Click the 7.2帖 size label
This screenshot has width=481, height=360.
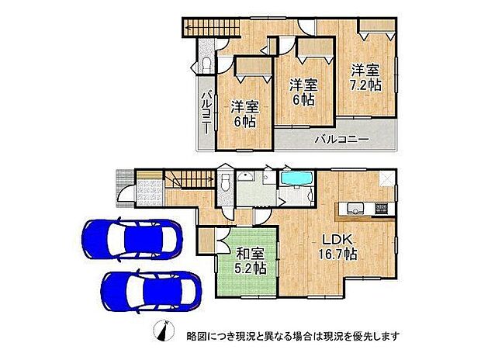[365, 85]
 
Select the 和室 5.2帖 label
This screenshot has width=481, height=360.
[251, 260]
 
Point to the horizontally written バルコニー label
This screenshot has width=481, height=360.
[341, 140]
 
